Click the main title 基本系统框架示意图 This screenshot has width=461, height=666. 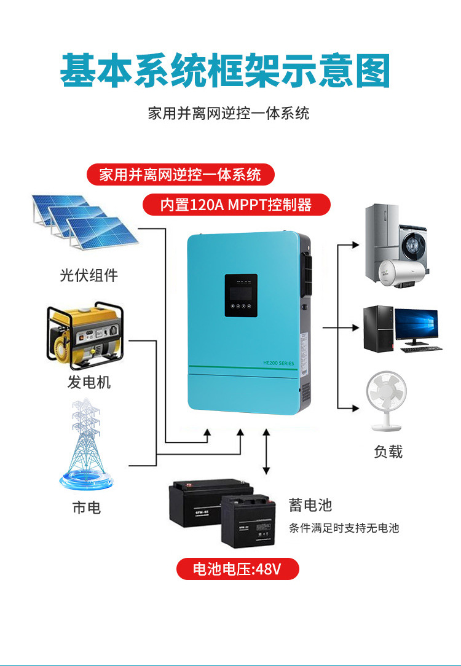[225, 71]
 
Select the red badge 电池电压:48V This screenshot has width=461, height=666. [237, 569]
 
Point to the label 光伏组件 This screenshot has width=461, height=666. [89, 275]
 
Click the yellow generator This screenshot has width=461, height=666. [85, 335]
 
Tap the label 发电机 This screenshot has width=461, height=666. [89, 382]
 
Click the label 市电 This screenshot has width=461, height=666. [86, 507]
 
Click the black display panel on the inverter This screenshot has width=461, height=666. [240, 296]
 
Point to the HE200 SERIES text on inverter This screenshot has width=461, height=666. [278, 364]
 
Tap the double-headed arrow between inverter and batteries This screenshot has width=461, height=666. [266, 452]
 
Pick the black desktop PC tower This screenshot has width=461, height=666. [378, 328]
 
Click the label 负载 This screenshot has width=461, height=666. [388, 452]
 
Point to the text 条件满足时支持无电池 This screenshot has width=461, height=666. [344, 528]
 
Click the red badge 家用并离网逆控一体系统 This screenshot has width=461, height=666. [179, 175]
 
